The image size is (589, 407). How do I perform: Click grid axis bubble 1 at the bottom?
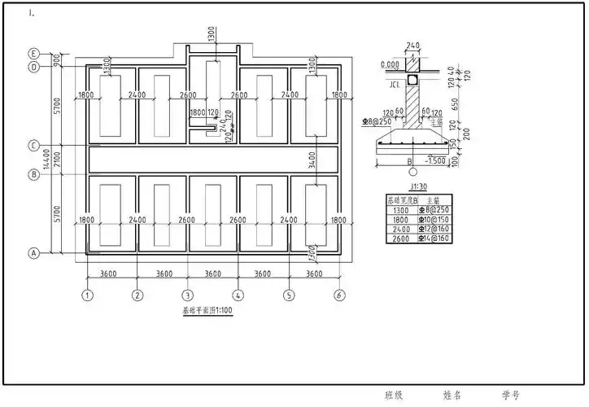(x=87, y=295)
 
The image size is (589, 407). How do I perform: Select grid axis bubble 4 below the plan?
(x=238, y=295)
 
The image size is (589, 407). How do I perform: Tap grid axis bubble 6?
(x=338, y=295)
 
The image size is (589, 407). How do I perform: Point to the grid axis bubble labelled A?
(x=34, y=253)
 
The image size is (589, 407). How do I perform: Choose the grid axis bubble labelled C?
(x=34, y=146)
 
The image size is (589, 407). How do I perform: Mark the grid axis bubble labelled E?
(x=34, y=53)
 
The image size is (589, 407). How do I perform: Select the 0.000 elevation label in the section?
(x=390, y=64)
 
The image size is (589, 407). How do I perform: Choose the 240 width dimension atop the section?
(x=412, y=46)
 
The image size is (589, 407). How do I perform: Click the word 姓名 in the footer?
(x=452, y=395)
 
